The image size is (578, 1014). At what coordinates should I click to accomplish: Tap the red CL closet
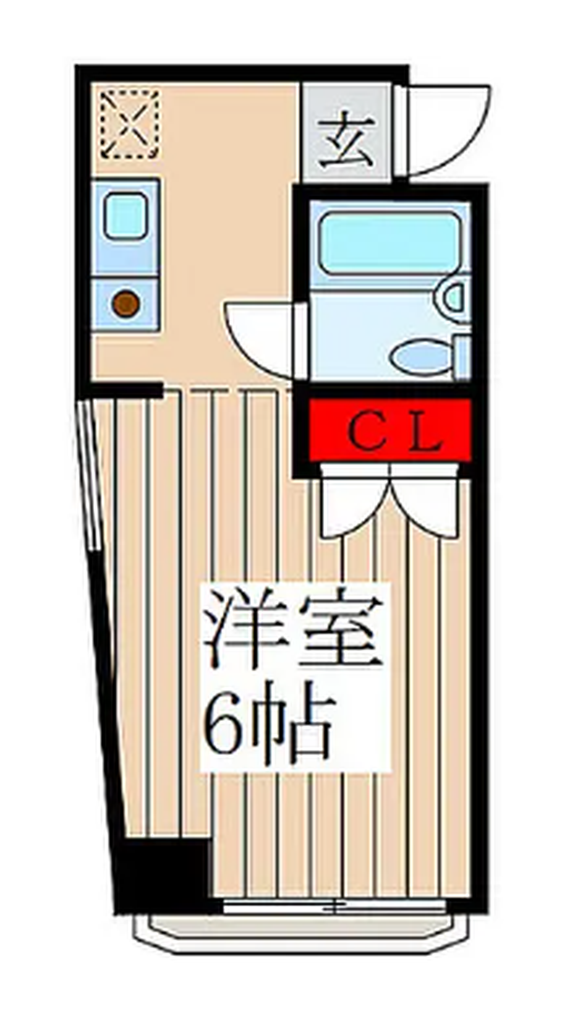click(x=390, y=430)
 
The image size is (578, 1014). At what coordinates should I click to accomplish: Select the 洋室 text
click(x=292, y=628)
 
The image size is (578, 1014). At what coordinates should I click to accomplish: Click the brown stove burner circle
click(x=126, y=304)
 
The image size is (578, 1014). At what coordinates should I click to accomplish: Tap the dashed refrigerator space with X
click(x=130, y=124)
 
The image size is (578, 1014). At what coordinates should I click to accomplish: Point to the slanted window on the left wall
click(x=91, y=474)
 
